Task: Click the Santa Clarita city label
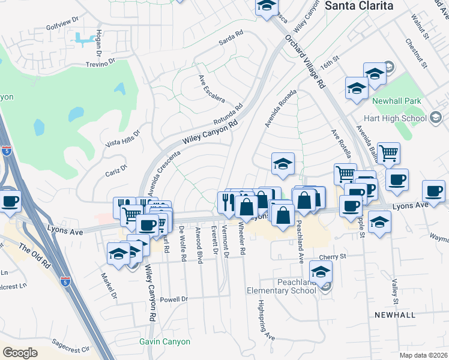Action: pyautogui.click(x=359, y=5)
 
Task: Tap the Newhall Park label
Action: pyautogui.click(x=397, y=102)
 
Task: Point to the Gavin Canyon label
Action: pyautogui.click(x=164, y=341)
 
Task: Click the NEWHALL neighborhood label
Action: pyautogui.click(x=394, y=315)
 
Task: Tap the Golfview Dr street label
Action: pyautogui.click(x=62, y=28)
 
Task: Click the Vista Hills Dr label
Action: pyautogui.click(x=122, y=139)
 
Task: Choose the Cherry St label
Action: pyautogui.click(x=333, y=257)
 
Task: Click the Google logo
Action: pyautogui.click(x=20, y=352)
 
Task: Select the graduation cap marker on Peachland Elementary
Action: pyautogui.click(x=321, y=271)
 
